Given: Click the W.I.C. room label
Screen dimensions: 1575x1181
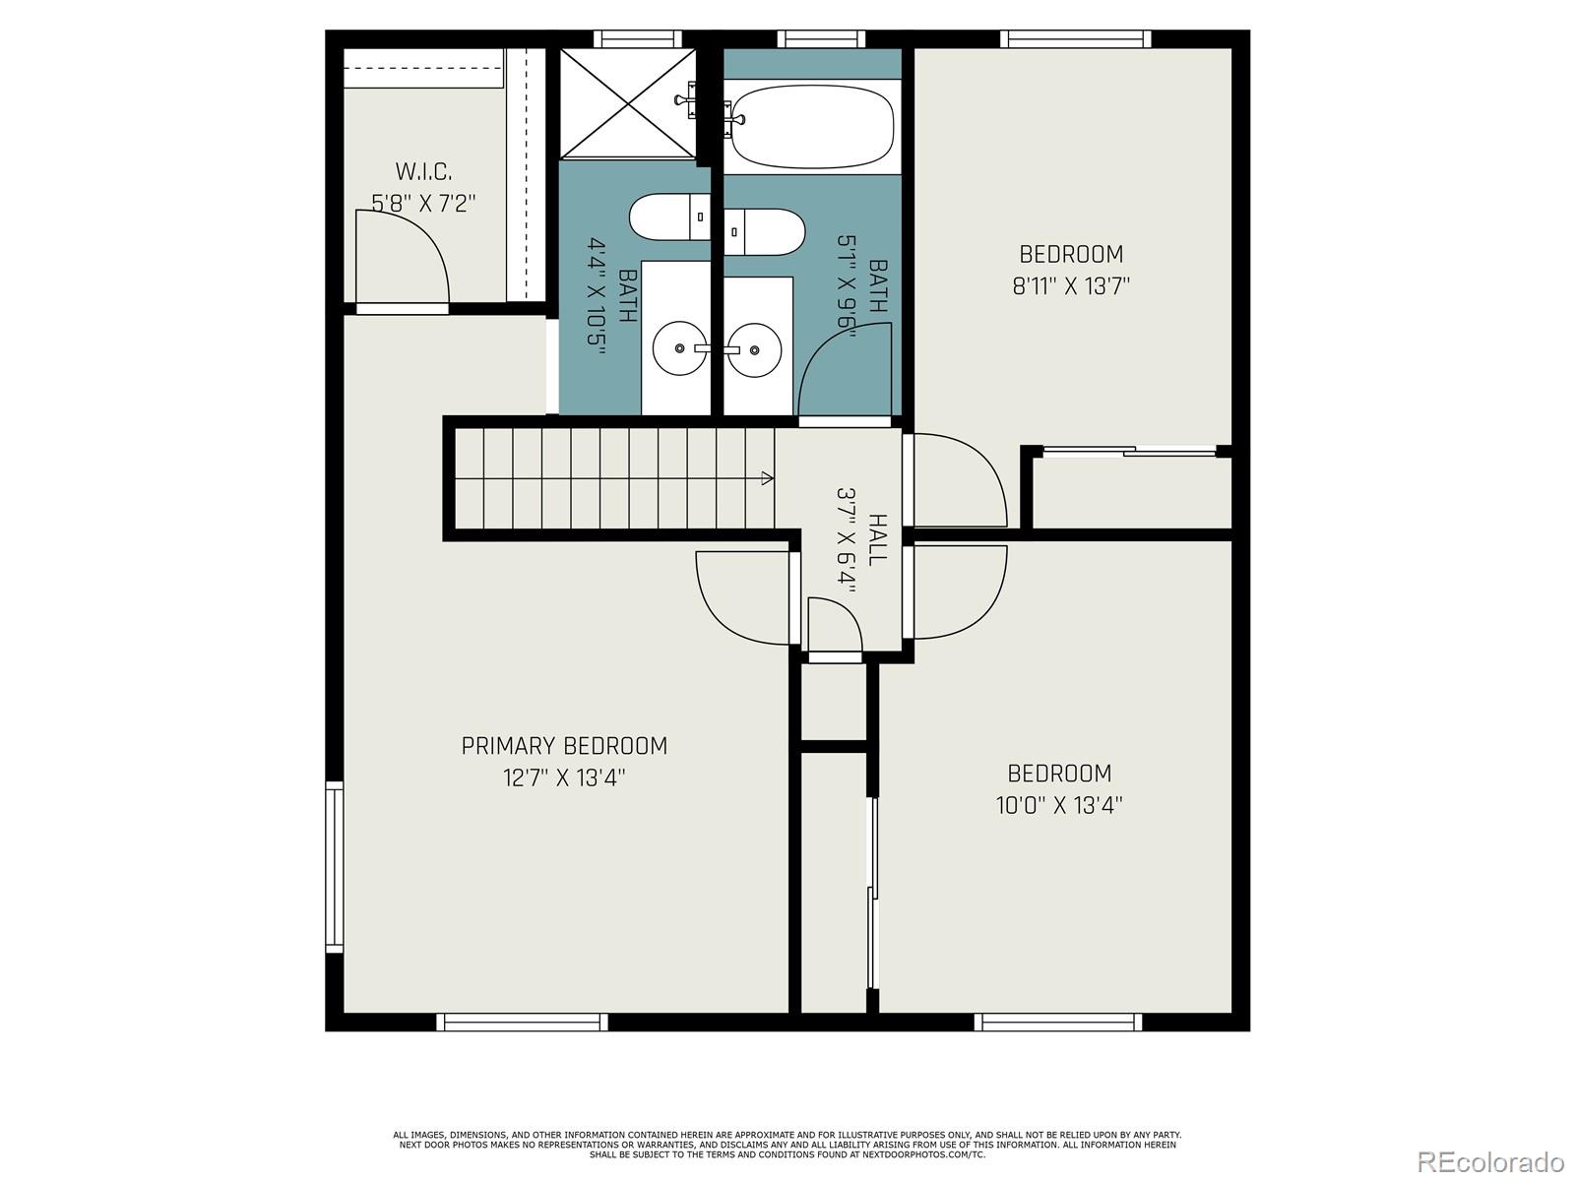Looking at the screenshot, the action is pos(423,172).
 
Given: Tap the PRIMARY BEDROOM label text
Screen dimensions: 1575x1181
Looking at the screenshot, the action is pos(564,746).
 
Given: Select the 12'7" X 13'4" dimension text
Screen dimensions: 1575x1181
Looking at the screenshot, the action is pos(564,778).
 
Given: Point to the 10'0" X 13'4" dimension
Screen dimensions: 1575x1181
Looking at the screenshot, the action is pos(1059,805).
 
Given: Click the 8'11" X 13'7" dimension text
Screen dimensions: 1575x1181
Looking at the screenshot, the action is pos(1071,286).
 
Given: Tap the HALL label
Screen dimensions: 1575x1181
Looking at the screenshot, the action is pos(877,539).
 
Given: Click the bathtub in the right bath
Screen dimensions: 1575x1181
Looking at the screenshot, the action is pos(812,127).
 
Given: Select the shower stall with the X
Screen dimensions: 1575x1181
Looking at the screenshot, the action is pos(628,103).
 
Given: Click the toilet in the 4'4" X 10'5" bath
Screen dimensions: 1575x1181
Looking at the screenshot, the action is pos(669,217).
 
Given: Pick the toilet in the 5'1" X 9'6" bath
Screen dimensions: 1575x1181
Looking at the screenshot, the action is pos(764,231).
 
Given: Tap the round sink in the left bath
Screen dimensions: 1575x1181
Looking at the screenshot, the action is pos(679,348).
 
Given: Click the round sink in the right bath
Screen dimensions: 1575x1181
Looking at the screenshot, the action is pos(755,349).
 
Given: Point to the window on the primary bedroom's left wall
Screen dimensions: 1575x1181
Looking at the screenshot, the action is pos(335,867).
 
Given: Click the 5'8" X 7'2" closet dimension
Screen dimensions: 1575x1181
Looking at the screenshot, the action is pos(423,204).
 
